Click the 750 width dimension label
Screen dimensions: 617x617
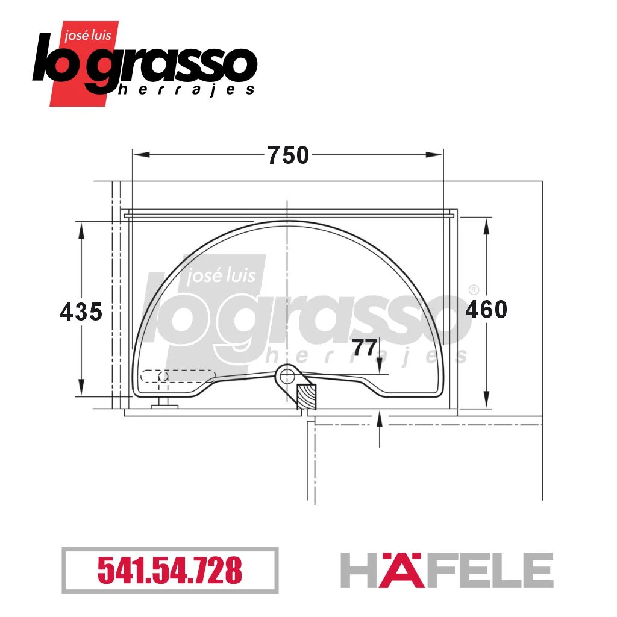click(x=289, y=155)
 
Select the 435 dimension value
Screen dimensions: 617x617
click(x=81, y=312)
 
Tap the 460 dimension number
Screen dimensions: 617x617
click(x=486, y=309)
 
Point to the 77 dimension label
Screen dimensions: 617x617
click(x=364, y=348)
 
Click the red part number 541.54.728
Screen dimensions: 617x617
click(x=170, y=570)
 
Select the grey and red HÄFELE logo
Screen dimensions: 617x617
click(x=446, y=570)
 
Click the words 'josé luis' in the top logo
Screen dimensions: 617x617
click(x=88, y=36)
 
